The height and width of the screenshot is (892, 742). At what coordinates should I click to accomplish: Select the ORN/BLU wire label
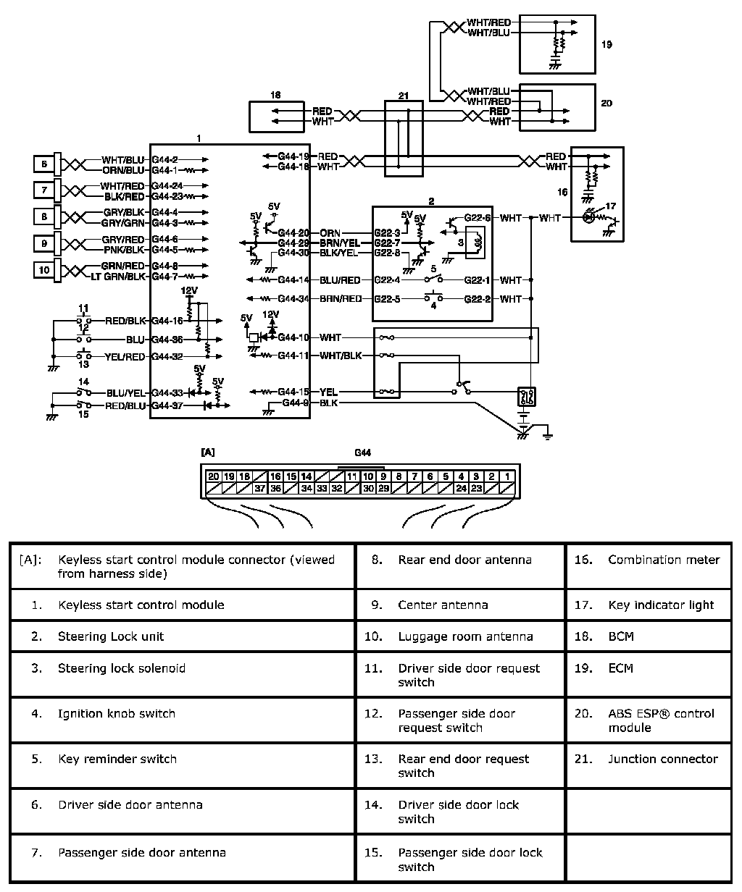coord(123,170)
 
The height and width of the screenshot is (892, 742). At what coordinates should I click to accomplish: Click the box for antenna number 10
coord(44,271)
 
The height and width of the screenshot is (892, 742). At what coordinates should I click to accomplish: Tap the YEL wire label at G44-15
coord(328,392)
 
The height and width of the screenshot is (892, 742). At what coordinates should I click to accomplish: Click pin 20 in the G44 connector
coord(213,476)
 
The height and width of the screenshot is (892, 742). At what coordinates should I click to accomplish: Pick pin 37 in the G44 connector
coord(259,489)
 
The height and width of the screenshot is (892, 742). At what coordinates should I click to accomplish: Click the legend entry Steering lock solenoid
coord(121,668)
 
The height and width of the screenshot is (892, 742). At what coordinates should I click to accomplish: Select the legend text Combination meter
coord(664,560)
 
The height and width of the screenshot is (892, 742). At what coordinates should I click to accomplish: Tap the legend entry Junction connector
coord(662,759)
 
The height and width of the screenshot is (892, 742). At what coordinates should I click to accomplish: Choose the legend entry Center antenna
coord(443,605)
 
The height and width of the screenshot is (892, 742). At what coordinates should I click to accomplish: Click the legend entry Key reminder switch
coord(117,759)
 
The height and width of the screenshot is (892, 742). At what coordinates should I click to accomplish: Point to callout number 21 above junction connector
coord(404,95)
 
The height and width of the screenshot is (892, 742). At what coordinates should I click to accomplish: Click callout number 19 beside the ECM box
coord(607,44)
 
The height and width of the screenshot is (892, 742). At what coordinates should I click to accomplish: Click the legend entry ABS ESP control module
coord(661,720)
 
